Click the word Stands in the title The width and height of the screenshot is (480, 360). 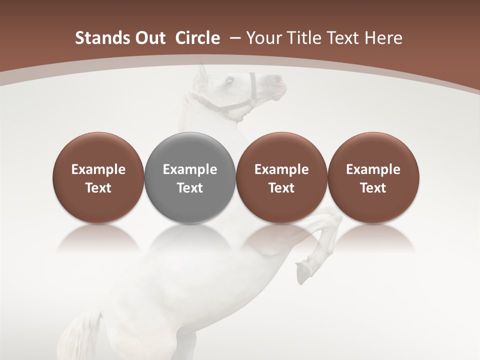point(97,38)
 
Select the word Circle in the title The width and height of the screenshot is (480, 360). point(197,38)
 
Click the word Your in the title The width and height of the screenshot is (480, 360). point(262,38)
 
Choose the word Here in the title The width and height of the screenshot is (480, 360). point(383,38)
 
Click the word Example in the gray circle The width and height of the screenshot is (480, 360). point(190,169)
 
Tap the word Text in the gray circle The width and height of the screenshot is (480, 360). point(190,188)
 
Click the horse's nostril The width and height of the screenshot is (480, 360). point(276,79)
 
